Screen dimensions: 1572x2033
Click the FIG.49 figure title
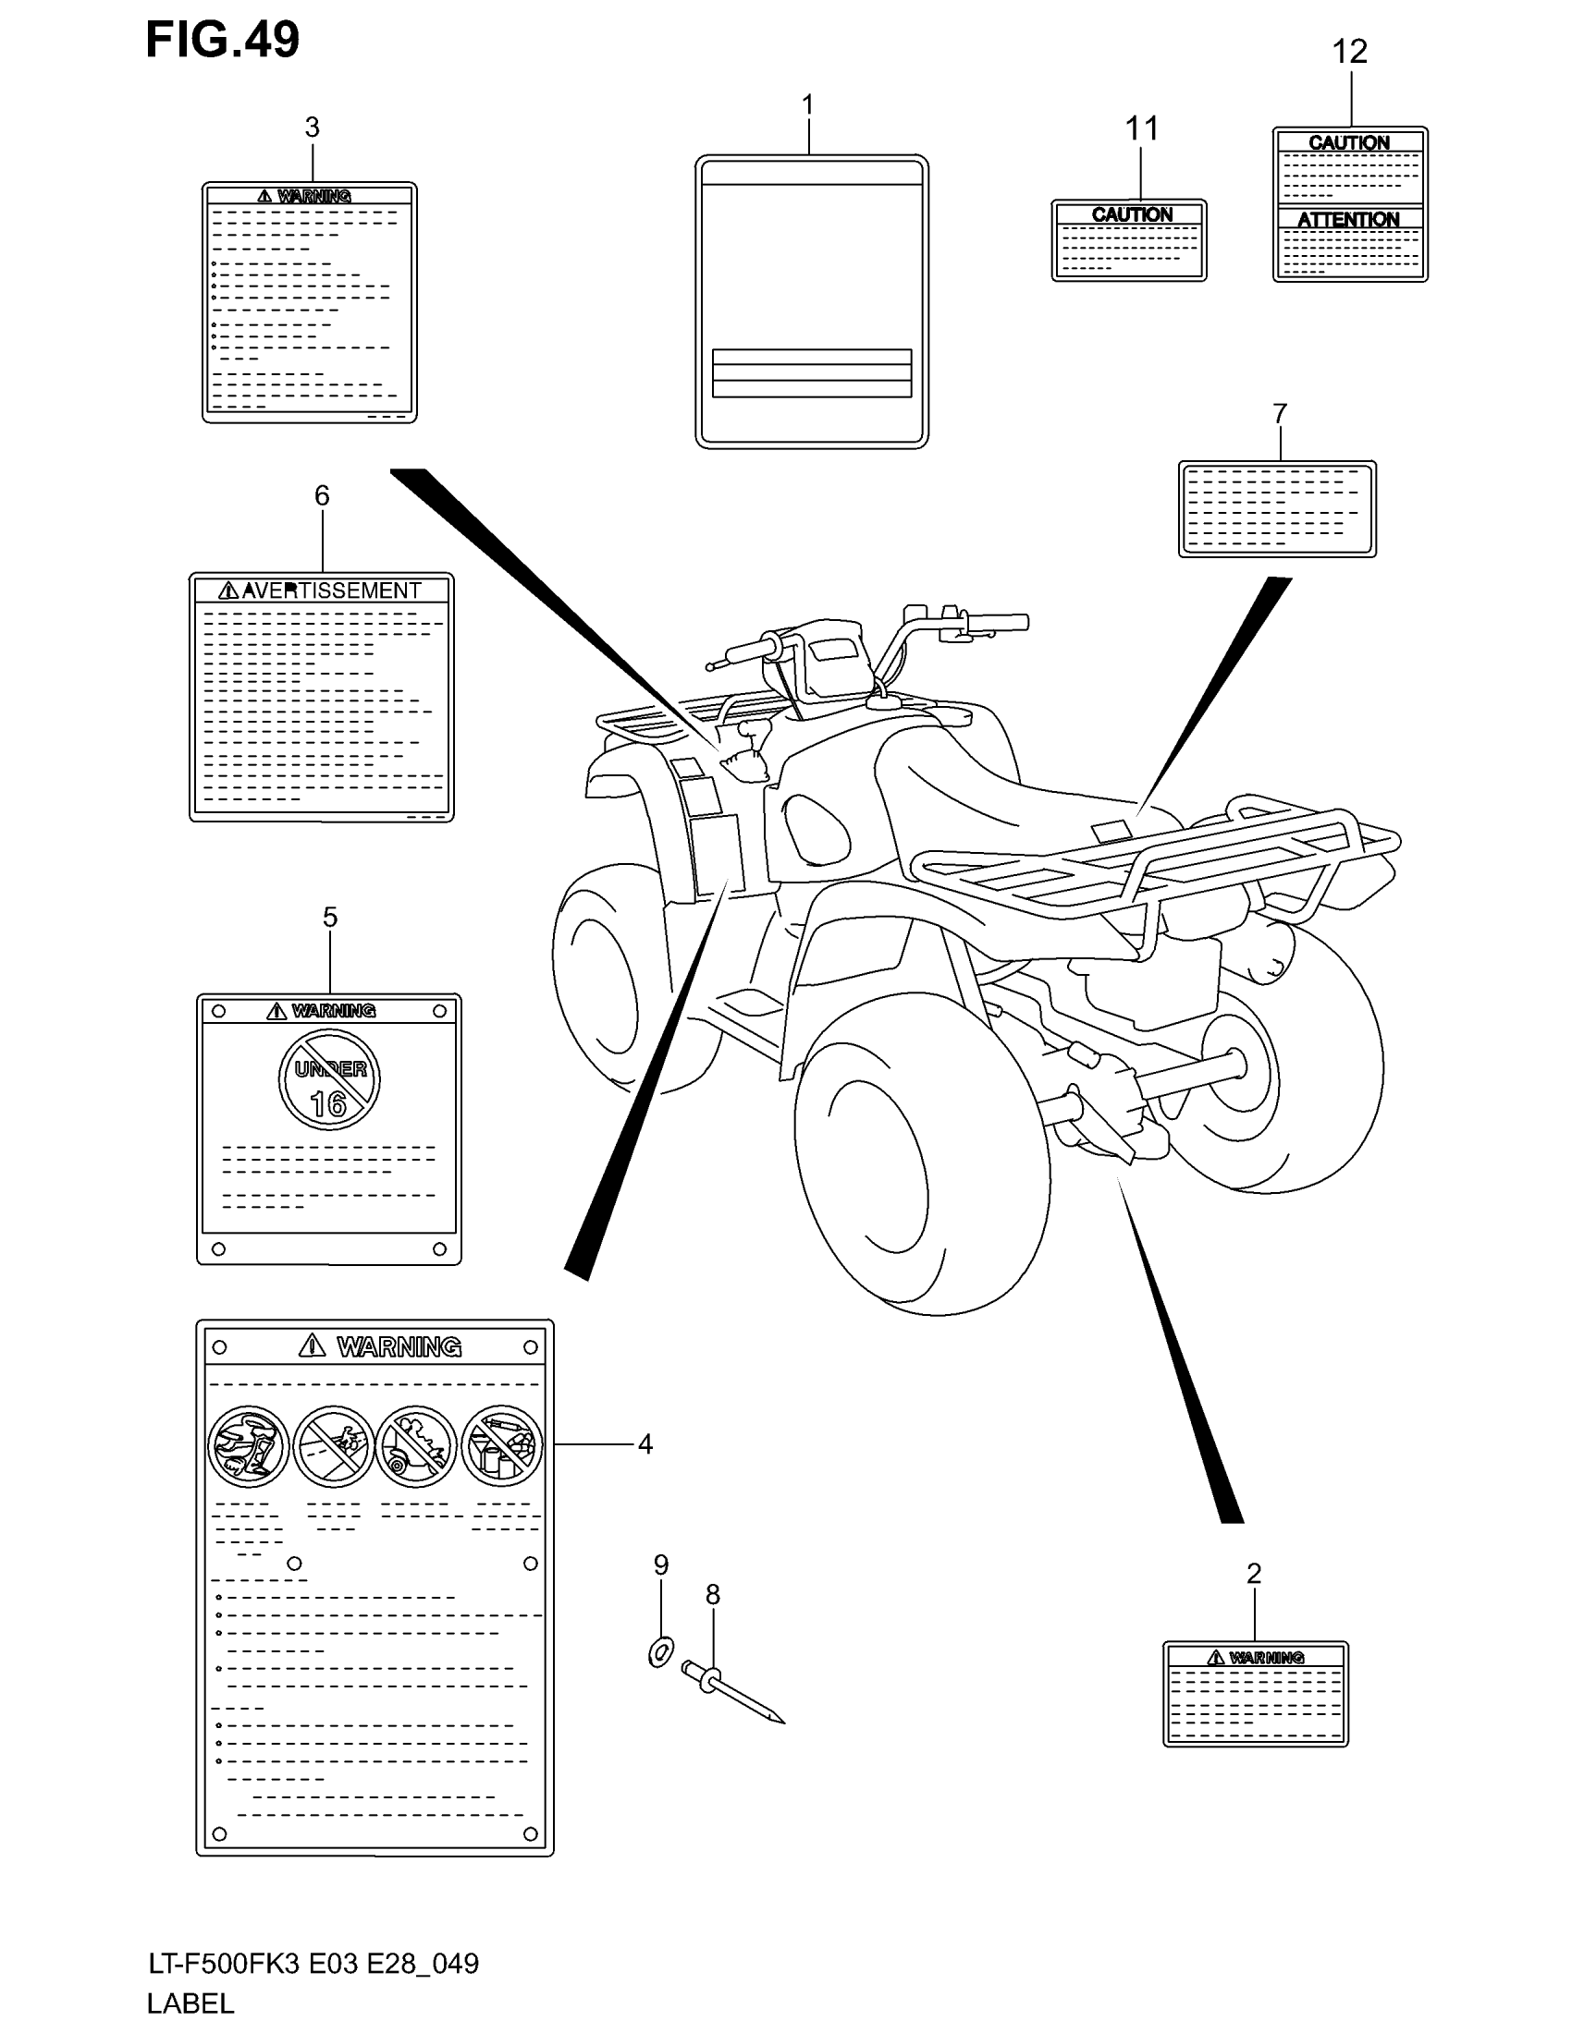[223, 40]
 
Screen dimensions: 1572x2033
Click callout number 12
[1349, 51]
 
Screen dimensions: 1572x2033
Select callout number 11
[1142, 128]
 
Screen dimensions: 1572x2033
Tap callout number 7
[1280, 413]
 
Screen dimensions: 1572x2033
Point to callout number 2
[1254, 1573]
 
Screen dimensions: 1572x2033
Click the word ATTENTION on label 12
[1348, 220]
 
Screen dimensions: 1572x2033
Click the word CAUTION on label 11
[1132, 215]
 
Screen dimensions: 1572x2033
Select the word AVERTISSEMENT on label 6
[332, 590]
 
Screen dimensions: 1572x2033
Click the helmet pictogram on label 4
[249, 1445]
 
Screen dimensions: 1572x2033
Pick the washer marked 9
[660, 1653]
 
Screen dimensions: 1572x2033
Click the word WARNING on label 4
[399, 1346]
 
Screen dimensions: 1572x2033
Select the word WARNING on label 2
[1267, 1658]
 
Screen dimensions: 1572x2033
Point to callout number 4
[645, 1444]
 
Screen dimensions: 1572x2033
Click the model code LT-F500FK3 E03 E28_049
[313, 1964]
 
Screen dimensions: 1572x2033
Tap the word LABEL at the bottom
[190, 2004]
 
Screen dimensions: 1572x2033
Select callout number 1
[807, 104]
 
